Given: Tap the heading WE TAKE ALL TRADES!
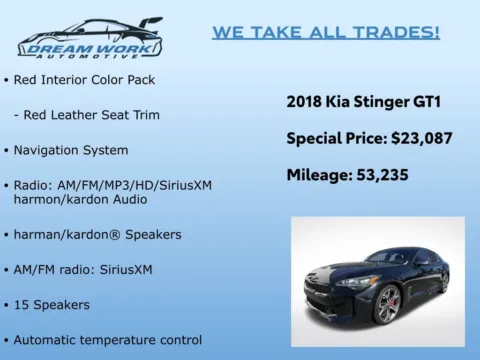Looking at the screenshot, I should click(x=325, y=32).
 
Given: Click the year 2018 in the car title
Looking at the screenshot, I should click(x=305, y=101).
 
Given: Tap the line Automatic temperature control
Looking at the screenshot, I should click(x=107, y=339).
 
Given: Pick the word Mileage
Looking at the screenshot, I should click(x=319, y=175).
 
